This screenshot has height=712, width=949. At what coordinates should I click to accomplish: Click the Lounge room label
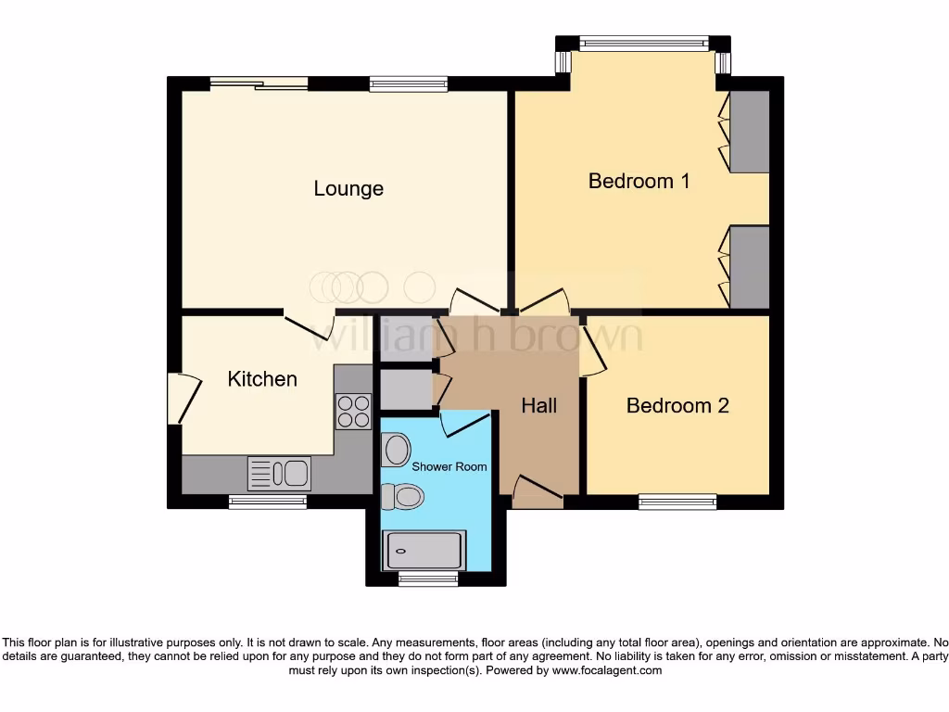coord(348,189)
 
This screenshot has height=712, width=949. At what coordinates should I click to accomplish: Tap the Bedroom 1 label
coord(639,181)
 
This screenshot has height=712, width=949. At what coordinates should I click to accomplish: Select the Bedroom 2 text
coord(677,406)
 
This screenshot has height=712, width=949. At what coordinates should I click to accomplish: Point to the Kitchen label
coord(262,379)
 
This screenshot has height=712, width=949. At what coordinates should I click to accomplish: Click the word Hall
coord(538,406)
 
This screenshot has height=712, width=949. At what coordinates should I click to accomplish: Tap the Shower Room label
coord(449,466)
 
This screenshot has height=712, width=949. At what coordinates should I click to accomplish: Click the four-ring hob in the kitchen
coord(352,412)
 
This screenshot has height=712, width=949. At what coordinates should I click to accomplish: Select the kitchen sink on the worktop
coord(279,474)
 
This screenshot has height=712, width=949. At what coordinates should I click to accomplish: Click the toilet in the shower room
coord(404,498)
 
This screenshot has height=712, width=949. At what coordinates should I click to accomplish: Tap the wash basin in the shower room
coord(396,451)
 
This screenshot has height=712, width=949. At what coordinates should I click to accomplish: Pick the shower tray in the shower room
coord(424,550)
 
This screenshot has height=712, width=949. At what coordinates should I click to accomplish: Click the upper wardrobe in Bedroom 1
coord(749,132)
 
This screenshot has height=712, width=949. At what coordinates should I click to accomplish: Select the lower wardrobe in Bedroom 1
coord(749,267)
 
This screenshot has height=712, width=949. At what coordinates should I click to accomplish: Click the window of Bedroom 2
coord(677,502)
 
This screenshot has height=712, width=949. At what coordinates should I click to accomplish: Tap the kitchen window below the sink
coord(268,502)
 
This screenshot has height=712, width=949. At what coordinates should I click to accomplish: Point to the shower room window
coord(428,579)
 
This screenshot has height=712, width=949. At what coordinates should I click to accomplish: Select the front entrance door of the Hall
coord(536,491)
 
